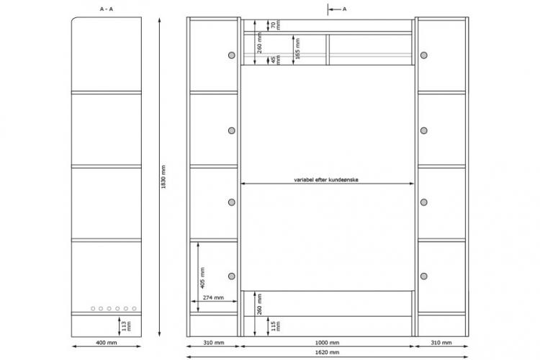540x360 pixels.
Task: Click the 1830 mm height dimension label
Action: click(163, 176)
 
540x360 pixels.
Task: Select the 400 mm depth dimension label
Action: click(107, 343)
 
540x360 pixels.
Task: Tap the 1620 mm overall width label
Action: click(327, 352)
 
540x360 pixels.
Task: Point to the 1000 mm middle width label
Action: click(327, 343)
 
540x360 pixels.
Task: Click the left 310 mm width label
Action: click(214, 343)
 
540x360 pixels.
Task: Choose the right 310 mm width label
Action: click(441, 343)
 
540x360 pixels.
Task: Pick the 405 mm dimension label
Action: click(202, 278)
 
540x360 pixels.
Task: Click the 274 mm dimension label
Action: click(213, 297)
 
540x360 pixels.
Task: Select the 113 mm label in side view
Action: click(127, 326)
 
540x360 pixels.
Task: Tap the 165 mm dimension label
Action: click(297, 48)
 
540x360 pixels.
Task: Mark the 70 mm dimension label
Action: click(276, 24)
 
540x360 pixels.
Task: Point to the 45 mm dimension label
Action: click(276, 59)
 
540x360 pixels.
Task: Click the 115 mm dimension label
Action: click(276, 326)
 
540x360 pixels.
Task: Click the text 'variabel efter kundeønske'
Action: click(326, 179)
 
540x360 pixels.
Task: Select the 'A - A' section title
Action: click(106, 9)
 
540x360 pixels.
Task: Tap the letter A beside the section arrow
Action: click(344, 9)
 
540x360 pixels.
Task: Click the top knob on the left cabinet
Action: click(232, 55)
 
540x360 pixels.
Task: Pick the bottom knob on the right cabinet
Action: click(424, 276)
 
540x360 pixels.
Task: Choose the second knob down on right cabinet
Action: click(424, 130)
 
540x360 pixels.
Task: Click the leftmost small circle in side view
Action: click(93, 309)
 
